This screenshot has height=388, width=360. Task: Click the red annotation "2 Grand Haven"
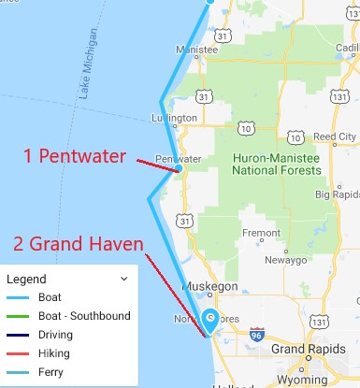78,246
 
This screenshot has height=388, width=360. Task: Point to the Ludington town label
174,118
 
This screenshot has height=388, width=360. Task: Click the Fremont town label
261,232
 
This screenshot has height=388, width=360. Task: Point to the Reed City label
334,137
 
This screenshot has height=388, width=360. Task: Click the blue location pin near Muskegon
211,319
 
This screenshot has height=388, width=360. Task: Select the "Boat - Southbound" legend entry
84,316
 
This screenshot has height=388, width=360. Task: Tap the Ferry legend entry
50,372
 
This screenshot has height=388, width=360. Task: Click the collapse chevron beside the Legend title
123,279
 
